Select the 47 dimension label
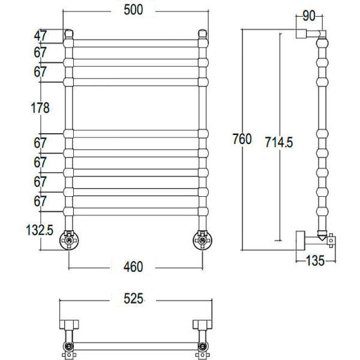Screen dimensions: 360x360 (40, 35)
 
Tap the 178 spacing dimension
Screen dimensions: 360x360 (40, 107)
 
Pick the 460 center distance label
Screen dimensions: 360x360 (133, 266)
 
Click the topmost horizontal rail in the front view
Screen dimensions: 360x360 (136, 42)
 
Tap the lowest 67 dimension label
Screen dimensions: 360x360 (40, 202)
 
